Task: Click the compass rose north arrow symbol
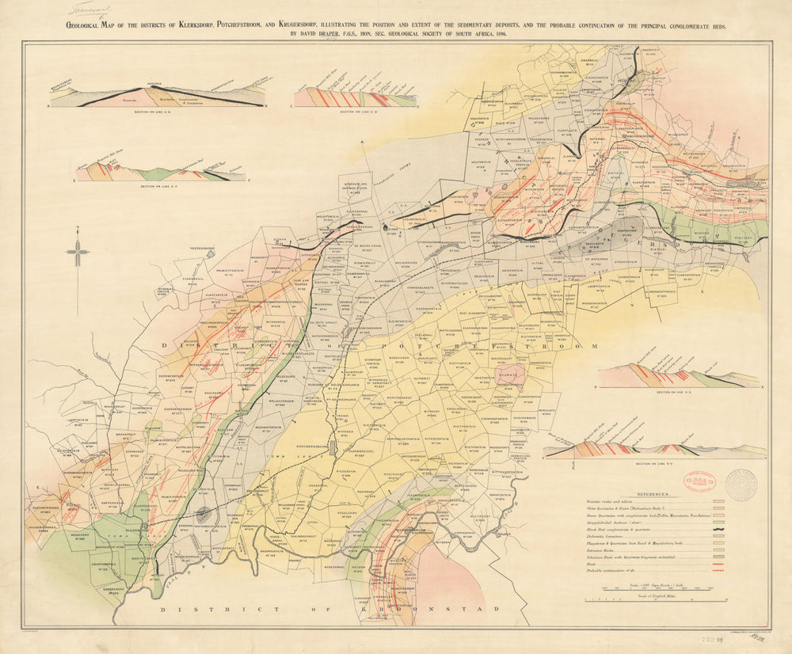[78, 253]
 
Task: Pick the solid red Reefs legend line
[718, 565]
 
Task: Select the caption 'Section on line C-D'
[356, 112]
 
